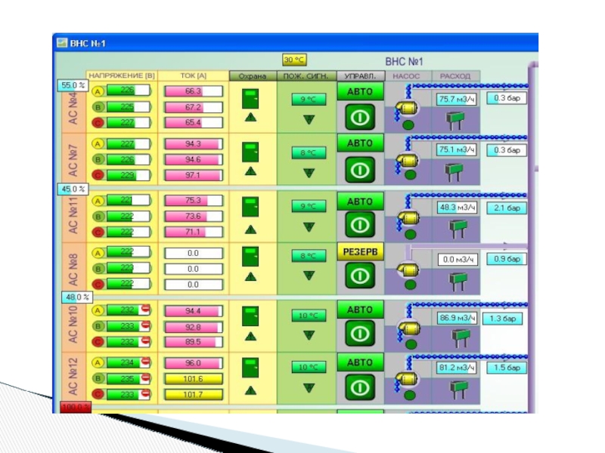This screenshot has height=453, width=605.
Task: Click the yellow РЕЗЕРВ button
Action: point(360,251)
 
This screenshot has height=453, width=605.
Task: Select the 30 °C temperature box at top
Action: point(293,60)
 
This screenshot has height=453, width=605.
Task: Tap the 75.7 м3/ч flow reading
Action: point(456,99)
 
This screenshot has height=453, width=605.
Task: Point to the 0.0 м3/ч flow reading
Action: point(457,260)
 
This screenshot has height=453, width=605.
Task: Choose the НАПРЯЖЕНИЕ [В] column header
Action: point(122,75)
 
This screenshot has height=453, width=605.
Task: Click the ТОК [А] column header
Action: point(193,75)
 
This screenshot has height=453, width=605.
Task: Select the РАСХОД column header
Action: point(456,75)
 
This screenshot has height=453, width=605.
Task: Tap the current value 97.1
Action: point(193,175)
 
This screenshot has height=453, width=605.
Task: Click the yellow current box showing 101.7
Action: point(193,394)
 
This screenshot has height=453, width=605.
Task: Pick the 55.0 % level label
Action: point(72,86)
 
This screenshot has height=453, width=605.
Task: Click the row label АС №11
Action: point(73,215)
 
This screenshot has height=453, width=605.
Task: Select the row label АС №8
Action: point(73,268)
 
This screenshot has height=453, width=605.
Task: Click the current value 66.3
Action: point(193,91)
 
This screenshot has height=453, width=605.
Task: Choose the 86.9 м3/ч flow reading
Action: point(457,319)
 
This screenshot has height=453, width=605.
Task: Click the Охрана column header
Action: point(252,75)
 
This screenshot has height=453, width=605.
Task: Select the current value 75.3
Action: point(193,201)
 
